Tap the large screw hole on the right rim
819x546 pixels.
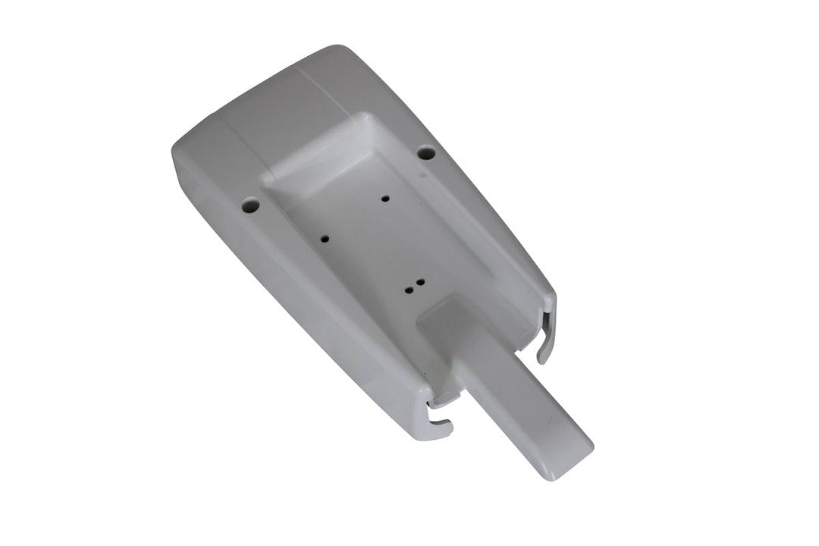pos(426,152)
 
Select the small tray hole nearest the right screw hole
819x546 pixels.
pos(386,199)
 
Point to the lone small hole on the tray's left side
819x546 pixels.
pos(325,238)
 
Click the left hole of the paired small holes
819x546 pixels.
pos(408,289)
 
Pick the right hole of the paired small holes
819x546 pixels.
pos(419,282)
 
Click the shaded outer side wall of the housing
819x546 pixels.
pos(303,303)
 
